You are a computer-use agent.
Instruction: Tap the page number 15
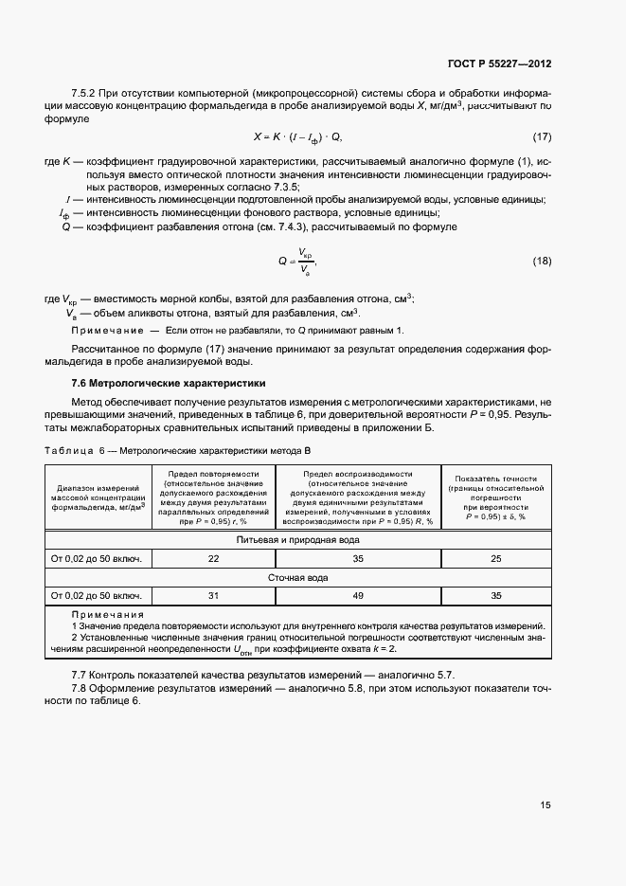(546, 805)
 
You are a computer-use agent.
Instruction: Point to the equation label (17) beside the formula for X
(542, 136)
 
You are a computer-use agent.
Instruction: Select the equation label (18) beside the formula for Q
(542, 262)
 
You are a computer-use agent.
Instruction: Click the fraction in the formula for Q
(304, 261)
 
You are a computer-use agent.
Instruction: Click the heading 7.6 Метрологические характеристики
(169, 383)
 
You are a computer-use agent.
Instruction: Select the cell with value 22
(213, 558)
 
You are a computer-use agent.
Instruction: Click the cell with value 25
(495, 558)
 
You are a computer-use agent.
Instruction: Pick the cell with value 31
(213, 595)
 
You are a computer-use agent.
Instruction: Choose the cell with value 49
(358, 595)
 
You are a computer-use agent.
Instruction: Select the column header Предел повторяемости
(213, 472)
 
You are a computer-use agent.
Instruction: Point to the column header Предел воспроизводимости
(358, 472)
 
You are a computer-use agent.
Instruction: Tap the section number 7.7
(80, 672)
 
